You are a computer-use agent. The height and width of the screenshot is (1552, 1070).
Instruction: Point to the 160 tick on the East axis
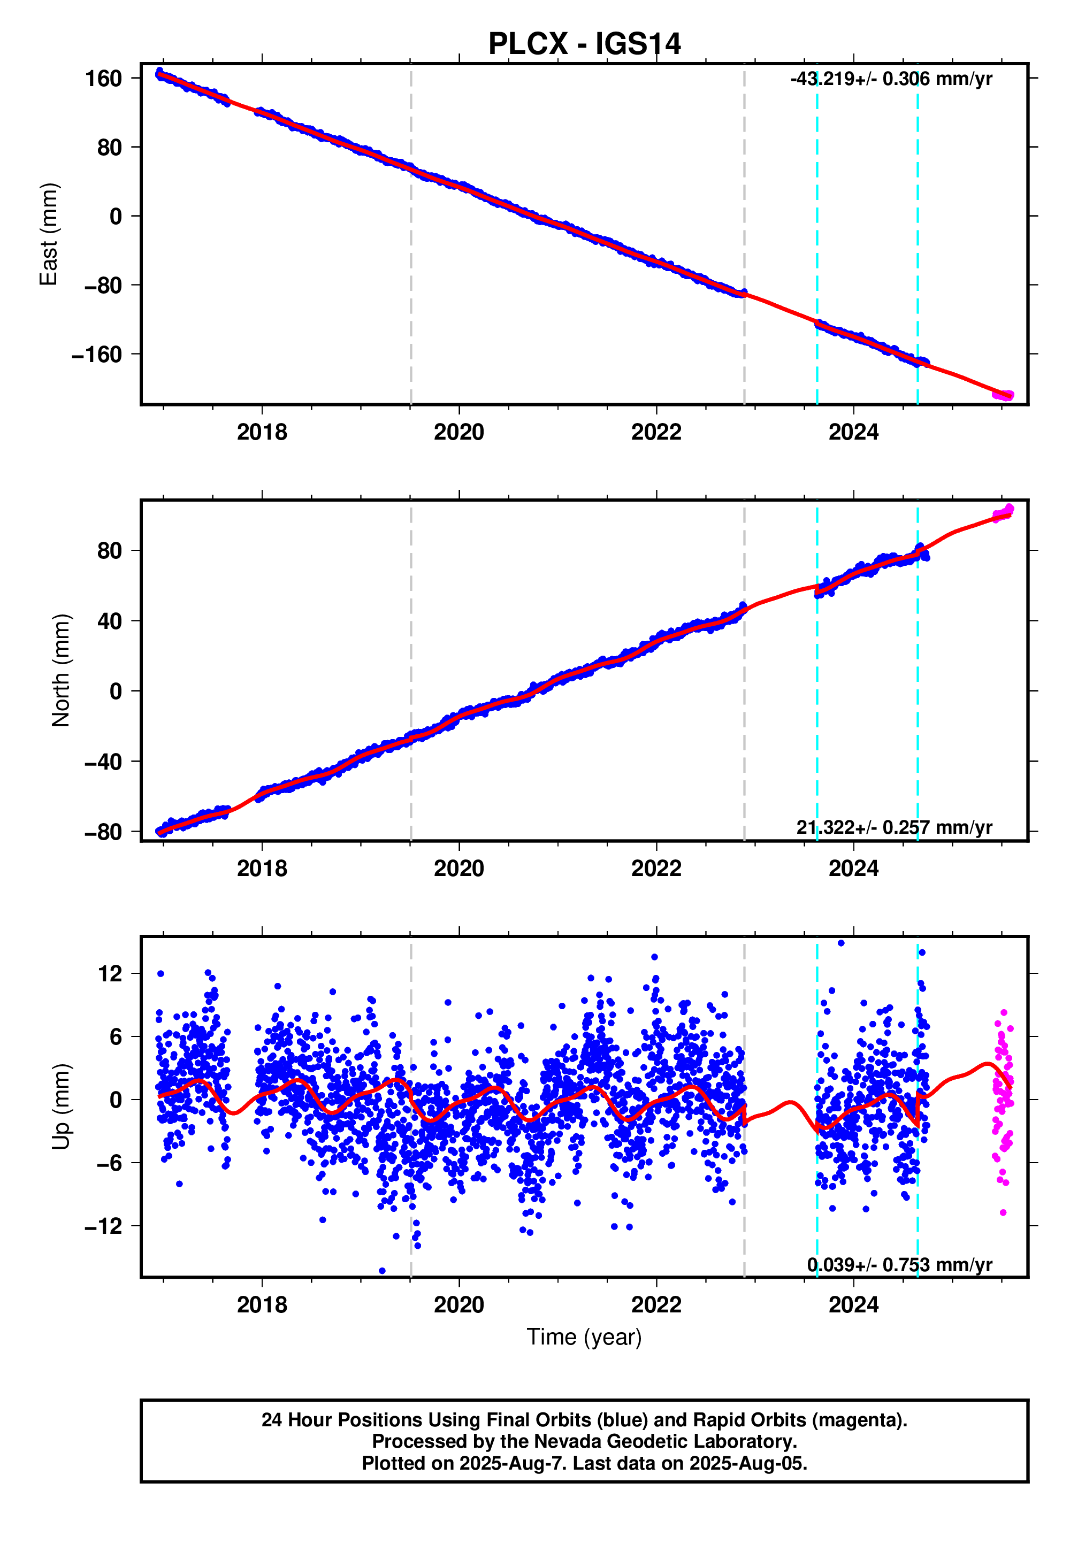pos(103,79)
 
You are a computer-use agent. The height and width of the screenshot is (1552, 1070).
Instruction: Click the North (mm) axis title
pos(61,670)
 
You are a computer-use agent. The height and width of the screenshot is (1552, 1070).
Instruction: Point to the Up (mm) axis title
pos(61,1107)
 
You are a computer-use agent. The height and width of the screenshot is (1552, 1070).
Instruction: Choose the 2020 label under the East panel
pos(458,432)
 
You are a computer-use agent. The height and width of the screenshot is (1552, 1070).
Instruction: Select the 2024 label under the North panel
pos(853,869)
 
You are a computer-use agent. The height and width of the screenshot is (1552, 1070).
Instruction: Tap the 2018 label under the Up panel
pos(262,1305)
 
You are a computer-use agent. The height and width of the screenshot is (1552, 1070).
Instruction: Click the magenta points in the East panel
pos(1003,395)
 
